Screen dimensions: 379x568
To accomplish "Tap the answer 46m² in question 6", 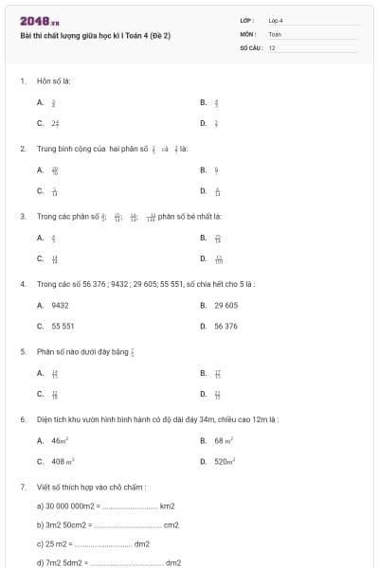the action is pyautogui.click(x=59, y=440).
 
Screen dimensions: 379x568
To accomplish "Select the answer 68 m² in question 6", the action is pyautogui.click(x=224, y=440).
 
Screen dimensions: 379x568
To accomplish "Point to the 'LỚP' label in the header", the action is pyautogui.click(x=247, y=20).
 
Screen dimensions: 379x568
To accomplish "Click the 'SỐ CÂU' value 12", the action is pyautogui.click(x=272, y=46).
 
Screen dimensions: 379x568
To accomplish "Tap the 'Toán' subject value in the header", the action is pyautogui.click(x=275, y=33).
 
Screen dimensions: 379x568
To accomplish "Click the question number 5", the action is pyautogui.click(x=22, y=351).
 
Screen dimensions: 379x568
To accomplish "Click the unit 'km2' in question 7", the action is pyautogui.click(x=167, y=506).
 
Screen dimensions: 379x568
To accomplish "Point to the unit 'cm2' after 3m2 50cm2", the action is pyautogui.click(x=171, y=524).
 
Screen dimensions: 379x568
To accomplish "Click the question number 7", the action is pyautogui.click(x=22, y=487).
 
